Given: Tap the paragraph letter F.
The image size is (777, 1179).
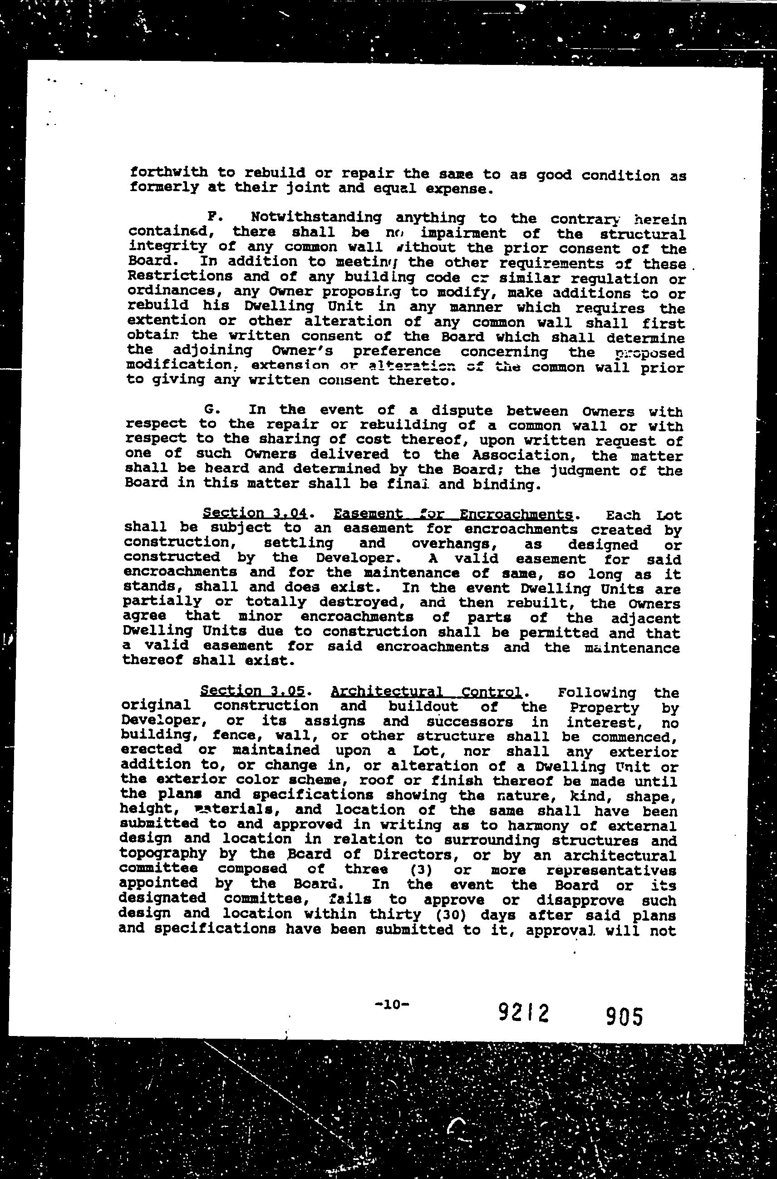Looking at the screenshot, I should (211, 217).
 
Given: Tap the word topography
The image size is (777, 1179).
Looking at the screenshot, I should (163, 853).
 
